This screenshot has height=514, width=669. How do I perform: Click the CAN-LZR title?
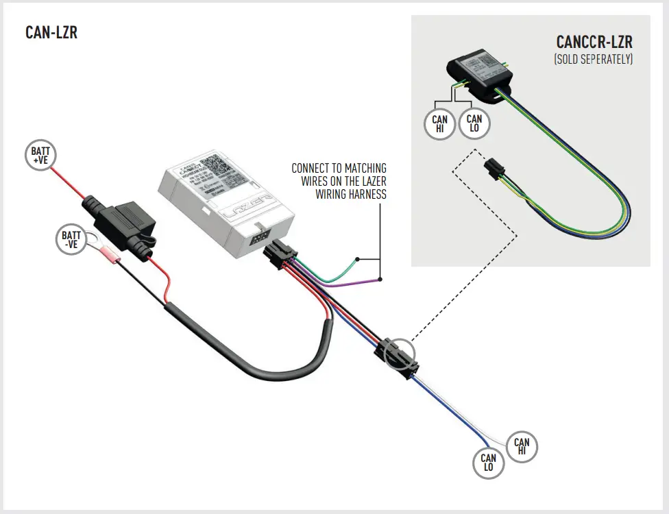[x=51, y=32]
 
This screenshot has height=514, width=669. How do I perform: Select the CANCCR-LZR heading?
[x=594, y=42]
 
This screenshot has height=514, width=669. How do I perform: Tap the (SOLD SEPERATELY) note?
[x=593, y=60]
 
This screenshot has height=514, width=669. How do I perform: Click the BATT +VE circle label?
[x=40, y=156]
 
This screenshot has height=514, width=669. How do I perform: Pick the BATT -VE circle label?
[x=71, y=240]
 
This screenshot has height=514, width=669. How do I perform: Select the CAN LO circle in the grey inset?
[x=474, y=123]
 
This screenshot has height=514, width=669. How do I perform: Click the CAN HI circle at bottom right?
[x=522, y=448]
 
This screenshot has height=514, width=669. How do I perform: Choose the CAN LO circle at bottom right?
[x=488, y=463]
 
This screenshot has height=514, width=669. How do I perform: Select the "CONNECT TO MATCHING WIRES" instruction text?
[x=339, y=181]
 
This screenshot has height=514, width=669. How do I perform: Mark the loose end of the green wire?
[x=357, y=259]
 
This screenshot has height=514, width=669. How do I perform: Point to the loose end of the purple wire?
[x=379, y=279]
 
